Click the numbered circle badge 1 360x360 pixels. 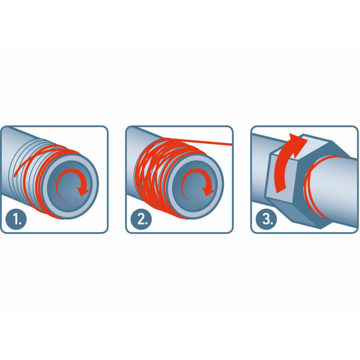point(16,219)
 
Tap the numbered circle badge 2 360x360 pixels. point(141,219)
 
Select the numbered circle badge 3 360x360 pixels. point(267,219)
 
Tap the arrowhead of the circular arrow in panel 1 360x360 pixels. point(83,191)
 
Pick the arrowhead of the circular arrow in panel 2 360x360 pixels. point(208,191)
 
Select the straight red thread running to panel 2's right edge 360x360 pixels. point(197,142)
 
